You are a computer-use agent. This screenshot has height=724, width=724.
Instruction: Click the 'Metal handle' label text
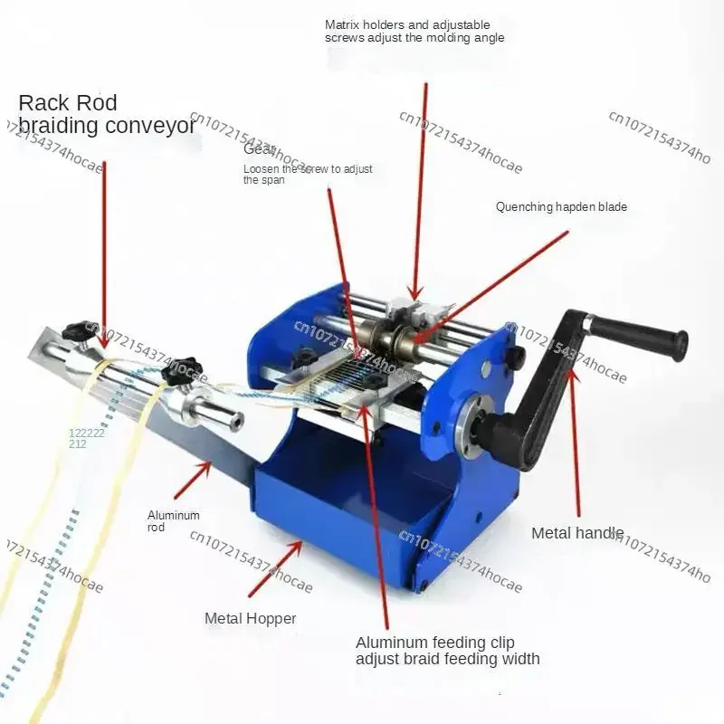[576, 533]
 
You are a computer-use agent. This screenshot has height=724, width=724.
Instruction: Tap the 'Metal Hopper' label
[250, 619]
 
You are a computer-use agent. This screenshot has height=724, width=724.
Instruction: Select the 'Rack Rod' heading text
[68, 103]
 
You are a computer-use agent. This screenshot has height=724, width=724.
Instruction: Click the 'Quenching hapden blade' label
[561, 207]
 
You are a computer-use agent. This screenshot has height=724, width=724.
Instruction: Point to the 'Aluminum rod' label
[174, 521]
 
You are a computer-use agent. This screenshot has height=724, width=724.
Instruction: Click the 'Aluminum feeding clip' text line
[434, 642]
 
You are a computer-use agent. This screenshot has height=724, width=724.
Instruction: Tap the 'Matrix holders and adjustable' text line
[407, 24]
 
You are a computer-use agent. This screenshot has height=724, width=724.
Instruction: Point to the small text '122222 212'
[87, 438]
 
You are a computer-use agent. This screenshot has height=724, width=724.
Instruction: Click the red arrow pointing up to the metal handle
[576, 434]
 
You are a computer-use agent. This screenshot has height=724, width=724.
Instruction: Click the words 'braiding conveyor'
[107, 126]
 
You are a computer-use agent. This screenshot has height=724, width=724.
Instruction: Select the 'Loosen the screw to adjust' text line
[308, 169]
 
